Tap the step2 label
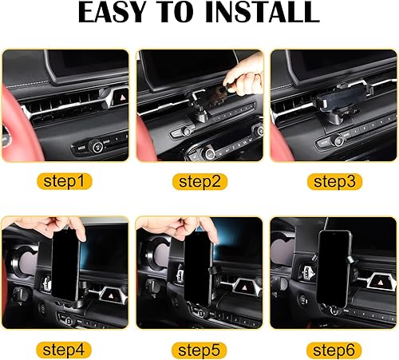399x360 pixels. click(x=199, y=182)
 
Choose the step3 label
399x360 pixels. click(x=331, y=182)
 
